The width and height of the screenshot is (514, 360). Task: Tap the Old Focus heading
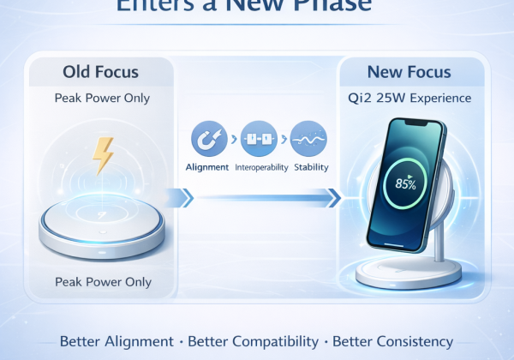[x=102, y=71]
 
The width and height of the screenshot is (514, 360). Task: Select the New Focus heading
[x=410, y=71]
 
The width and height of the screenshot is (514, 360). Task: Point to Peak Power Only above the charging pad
[x=102, y=98]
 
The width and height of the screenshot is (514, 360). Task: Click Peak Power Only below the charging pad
[x=102, y=281]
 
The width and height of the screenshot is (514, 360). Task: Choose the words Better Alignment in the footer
[x=116, y=340]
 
